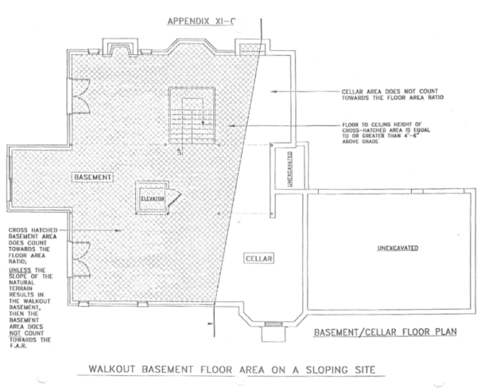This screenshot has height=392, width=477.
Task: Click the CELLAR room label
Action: click(x=258, y=259)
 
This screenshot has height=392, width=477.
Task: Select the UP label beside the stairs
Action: click(x=181, y=149)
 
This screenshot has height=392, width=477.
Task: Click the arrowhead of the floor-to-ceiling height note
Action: click(x=231, y=126)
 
